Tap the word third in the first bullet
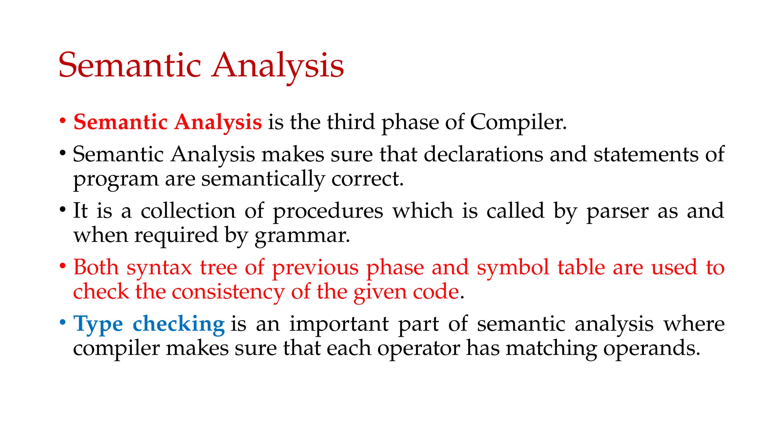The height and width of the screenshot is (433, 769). [x=351, y=122]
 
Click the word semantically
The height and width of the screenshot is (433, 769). [x=263, y=179]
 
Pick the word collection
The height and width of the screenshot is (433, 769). [x=188, y=211]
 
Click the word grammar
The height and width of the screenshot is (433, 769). [x=302, y=236]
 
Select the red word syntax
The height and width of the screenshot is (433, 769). [x=159, y=268]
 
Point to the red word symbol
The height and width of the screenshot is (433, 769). [x=513, y=268]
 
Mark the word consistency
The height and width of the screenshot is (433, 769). [x=228, y=292]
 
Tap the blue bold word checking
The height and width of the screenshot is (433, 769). [x=178, y=324]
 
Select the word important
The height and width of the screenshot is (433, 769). [x=339, y=324]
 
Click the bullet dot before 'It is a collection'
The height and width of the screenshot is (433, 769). [x=63, y=209]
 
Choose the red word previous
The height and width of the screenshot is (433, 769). [x=315, y=268]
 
